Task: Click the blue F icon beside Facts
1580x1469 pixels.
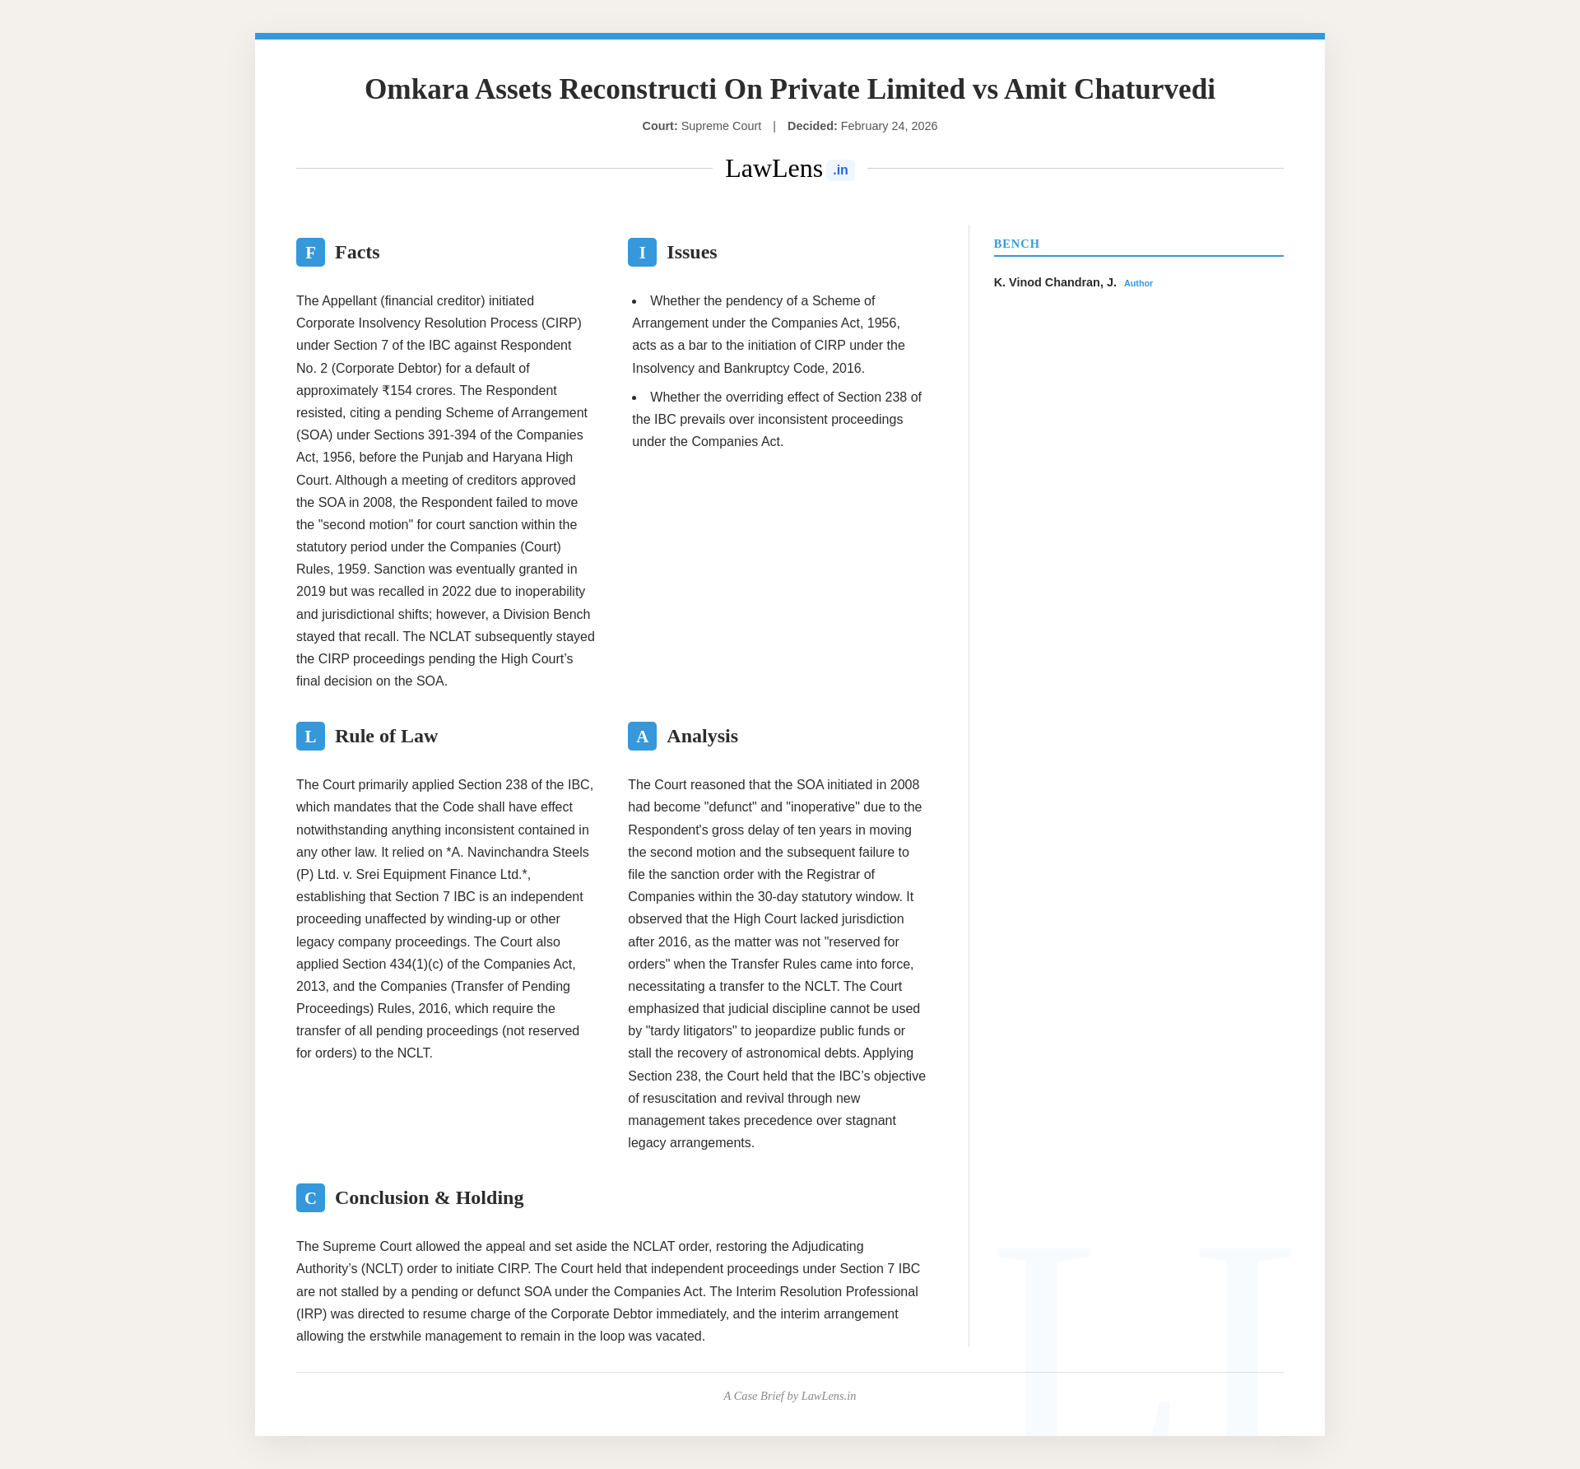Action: point(310,253)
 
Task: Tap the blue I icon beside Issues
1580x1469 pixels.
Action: point(642,253)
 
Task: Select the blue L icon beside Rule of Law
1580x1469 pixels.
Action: point(310,737)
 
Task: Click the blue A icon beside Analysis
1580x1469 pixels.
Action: point(642,737)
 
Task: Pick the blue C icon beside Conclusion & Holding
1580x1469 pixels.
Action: point(310,1198)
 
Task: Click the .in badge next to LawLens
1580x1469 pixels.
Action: point(840,170)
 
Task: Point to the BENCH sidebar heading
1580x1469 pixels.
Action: point(1016,244)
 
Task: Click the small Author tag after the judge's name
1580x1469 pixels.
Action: point(1138,284)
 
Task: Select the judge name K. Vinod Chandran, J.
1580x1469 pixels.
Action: point(1055,282)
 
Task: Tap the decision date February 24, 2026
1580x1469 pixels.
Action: point(889,126)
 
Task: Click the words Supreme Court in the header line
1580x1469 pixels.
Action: point(721,126)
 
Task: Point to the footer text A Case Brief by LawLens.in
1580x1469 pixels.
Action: point(790,1396)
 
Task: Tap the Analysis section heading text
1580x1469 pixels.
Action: point(702,737)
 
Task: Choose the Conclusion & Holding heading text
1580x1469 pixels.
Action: point(429,1198)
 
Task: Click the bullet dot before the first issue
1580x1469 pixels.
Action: point(634,301)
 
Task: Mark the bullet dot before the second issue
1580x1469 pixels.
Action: point(634,397)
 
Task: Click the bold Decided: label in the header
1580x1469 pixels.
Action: point(812,126)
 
